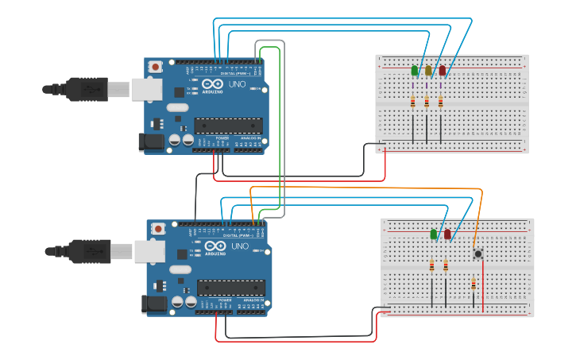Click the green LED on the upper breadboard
tap(414, 71)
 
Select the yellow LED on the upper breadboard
tap(428, 71)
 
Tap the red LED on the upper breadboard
tap(443, 71)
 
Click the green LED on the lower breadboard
tap(433, 234)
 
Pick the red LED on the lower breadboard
tap(447, 234)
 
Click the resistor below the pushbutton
tap(474, 285)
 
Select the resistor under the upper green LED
tap(412, 102)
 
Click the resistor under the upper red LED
tap(440, 102)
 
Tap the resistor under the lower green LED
tap(432, 265)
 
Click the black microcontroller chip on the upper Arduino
tap(228, 125)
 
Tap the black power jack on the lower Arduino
tap(152, 304)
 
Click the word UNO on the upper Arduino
tap(238, 83)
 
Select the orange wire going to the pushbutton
tap(365, 188)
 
